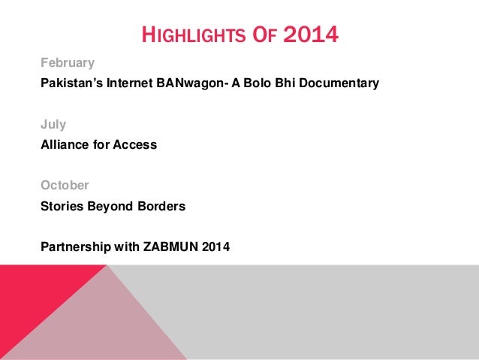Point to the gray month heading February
pos(68,62)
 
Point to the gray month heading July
pos(53,124)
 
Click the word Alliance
pos(65,145)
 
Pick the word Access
pos(134,145)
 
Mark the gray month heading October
pos(65,185)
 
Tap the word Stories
pos(62,205)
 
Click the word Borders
pos(160,205)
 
